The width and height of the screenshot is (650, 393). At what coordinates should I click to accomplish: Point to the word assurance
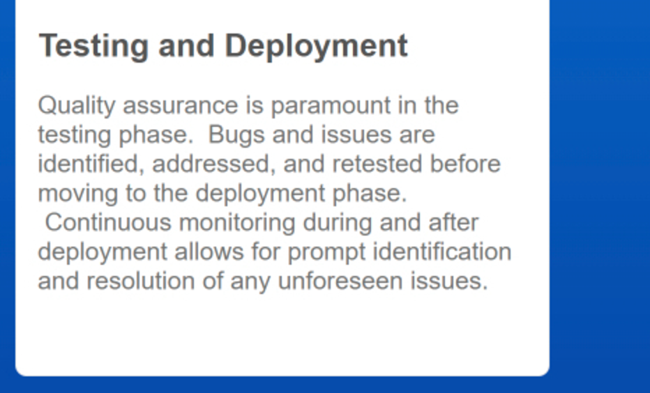(x=181, y=106)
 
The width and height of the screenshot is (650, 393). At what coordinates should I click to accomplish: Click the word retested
(x=377, y=164)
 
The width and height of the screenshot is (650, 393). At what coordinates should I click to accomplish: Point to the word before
(x=465, y=164)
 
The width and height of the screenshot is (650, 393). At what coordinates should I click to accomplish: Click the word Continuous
(x=108, y=222)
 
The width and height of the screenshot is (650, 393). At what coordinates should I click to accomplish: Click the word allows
(x=209, y=252)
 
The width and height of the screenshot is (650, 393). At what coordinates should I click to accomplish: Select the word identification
(x=442, y=252)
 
